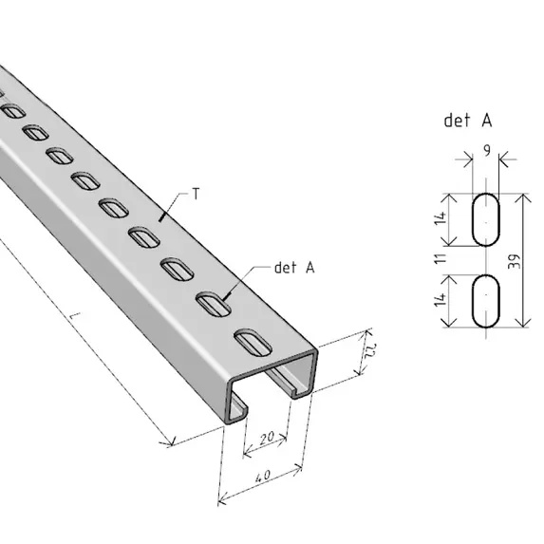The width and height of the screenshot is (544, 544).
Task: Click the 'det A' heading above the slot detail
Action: [x=468, y=121]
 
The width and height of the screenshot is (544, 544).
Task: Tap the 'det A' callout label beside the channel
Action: [x=294, y=268]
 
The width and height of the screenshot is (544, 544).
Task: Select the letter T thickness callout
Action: [x=196, y=194]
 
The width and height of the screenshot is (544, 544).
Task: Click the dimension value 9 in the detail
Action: [x=487, y=150]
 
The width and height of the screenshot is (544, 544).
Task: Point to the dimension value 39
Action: [x=515, y=262]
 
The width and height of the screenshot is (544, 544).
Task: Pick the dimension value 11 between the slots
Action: [x=441, y=258]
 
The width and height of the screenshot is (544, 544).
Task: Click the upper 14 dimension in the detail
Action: [x=441, y=217]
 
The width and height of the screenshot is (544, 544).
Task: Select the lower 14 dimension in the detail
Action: [x=441, y=299]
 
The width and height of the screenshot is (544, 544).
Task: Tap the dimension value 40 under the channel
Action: [x=263, y=476]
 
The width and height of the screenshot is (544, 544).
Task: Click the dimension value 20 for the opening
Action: [x=267, y=439]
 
